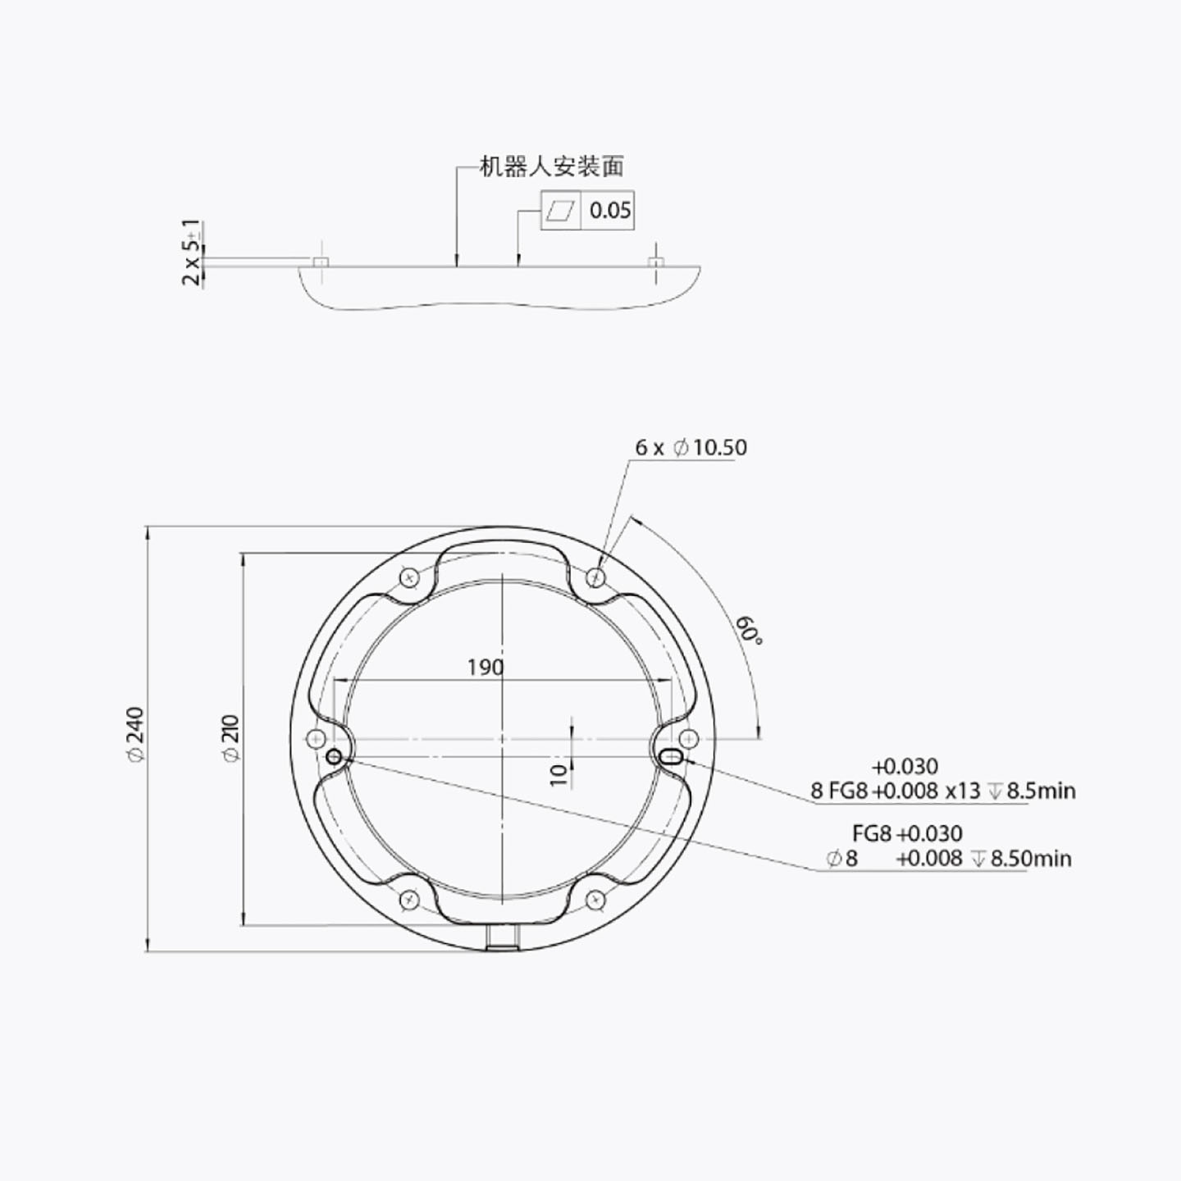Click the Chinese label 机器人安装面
coord(551,166)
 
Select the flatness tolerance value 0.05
coord(610,211)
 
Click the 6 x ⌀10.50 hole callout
coord(691,448)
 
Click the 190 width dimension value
coord(486,668)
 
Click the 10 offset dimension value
coord(559,775)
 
